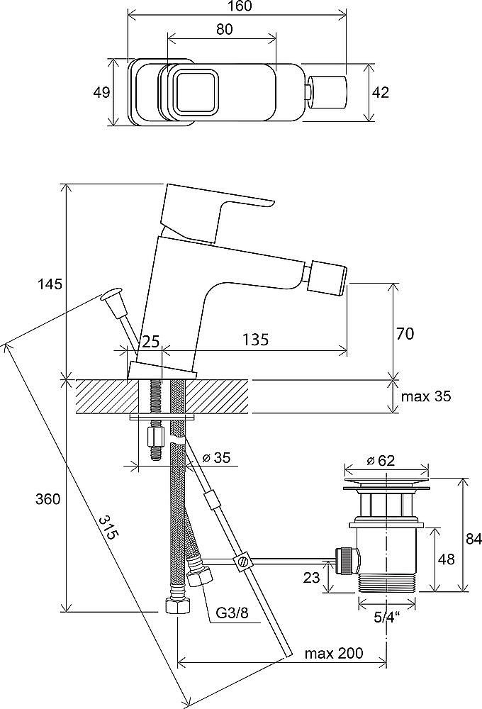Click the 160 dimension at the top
point(237,7)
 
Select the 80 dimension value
point(221,30)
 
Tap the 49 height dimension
point(102,92)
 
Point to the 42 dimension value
point(381,92)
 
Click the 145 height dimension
point(50,284)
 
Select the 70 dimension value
point(405,333)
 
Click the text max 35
point(426,396)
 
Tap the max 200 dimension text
point(334,653)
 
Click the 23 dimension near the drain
point(312,578)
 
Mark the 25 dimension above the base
point(150,341)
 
